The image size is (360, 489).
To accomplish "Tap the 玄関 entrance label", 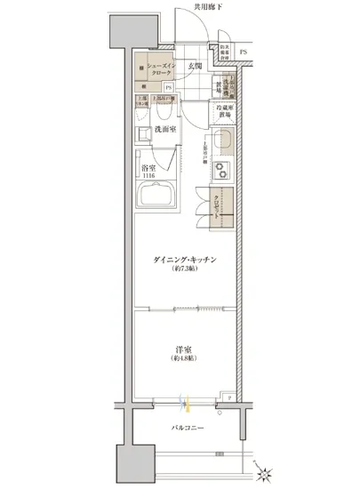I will [195, 66].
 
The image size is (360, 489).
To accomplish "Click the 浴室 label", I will [148, 168].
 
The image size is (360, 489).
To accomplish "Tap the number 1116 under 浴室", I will [148, 177].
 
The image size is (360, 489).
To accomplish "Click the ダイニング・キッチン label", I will [186, 258].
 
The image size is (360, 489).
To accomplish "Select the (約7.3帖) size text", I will [186, 268].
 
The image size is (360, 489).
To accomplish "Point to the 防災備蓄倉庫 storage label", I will [225, 52].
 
